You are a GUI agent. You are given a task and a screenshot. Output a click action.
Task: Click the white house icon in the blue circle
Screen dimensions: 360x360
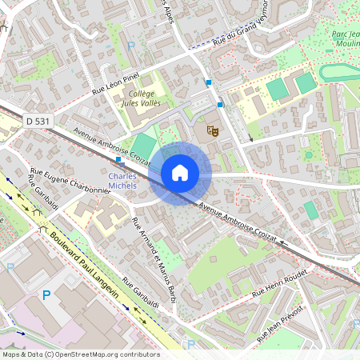(180, 173)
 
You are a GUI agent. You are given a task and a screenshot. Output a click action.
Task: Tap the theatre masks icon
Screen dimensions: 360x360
(212, 128)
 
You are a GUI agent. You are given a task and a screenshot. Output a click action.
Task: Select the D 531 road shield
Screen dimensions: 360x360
(38, 121)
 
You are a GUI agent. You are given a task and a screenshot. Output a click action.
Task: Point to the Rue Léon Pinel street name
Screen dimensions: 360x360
(117, 82)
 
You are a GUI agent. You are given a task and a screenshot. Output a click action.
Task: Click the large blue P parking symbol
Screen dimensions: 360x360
(46, 296)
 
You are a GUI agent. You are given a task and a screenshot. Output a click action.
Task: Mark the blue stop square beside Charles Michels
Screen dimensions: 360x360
(118, 159)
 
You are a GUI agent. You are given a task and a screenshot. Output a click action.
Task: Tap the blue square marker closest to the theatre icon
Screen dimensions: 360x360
(220, 104)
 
